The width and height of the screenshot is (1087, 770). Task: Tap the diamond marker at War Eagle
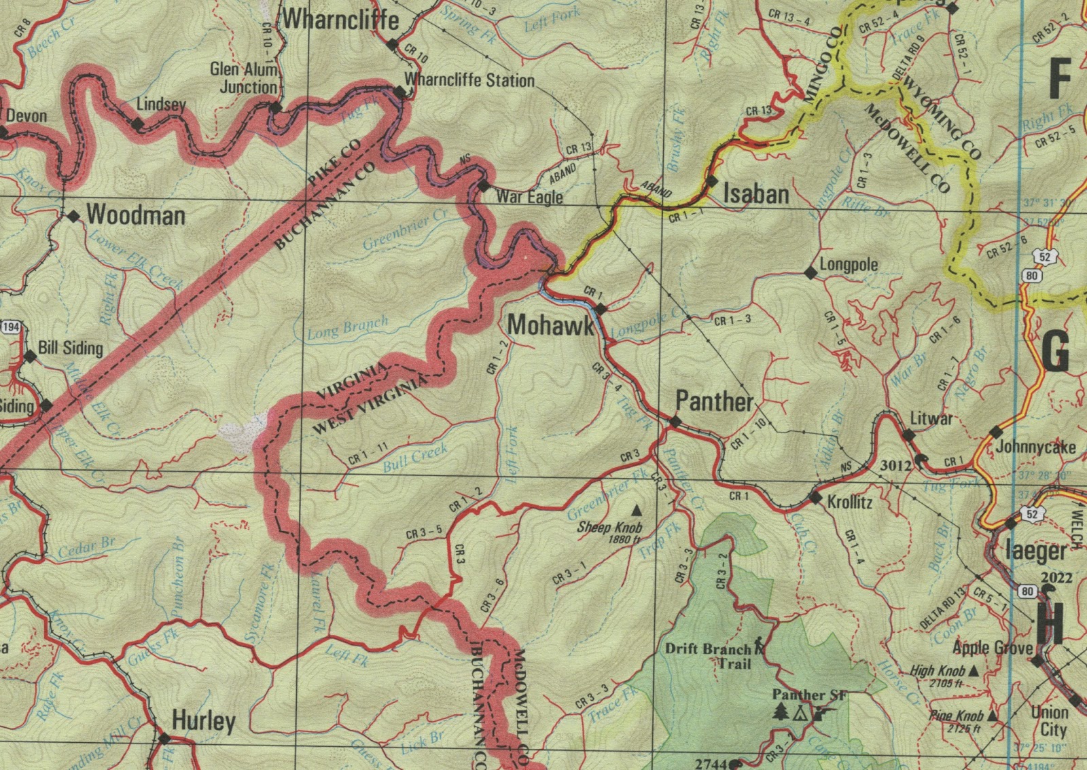(483, 185)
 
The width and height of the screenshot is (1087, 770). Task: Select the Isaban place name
(756, 195)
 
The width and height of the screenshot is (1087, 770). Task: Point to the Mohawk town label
(550, 326)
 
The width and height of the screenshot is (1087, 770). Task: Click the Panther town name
(714, 402)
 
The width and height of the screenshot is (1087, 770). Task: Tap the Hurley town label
(204, 720)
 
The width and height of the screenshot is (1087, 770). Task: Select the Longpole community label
(849, 265)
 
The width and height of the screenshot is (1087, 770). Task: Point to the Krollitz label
(850, 503)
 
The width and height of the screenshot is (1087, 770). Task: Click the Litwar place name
(931, 418)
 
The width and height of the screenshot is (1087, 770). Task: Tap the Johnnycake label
(1035, 447)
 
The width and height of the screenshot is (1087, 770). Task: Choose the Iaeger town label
(1035, 551)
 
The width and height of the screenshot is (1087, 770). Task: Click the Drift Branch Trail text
(710, 655)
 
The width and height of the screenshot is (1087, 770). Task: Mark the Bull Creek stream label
(415, 457)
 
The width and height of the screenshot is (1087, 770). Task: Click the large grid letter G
(1055, 352)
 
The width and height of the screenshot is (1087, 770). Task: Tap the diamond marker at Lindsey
(138, 124)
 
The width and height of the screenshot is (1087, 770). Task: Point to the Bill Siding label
(70, 348)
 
